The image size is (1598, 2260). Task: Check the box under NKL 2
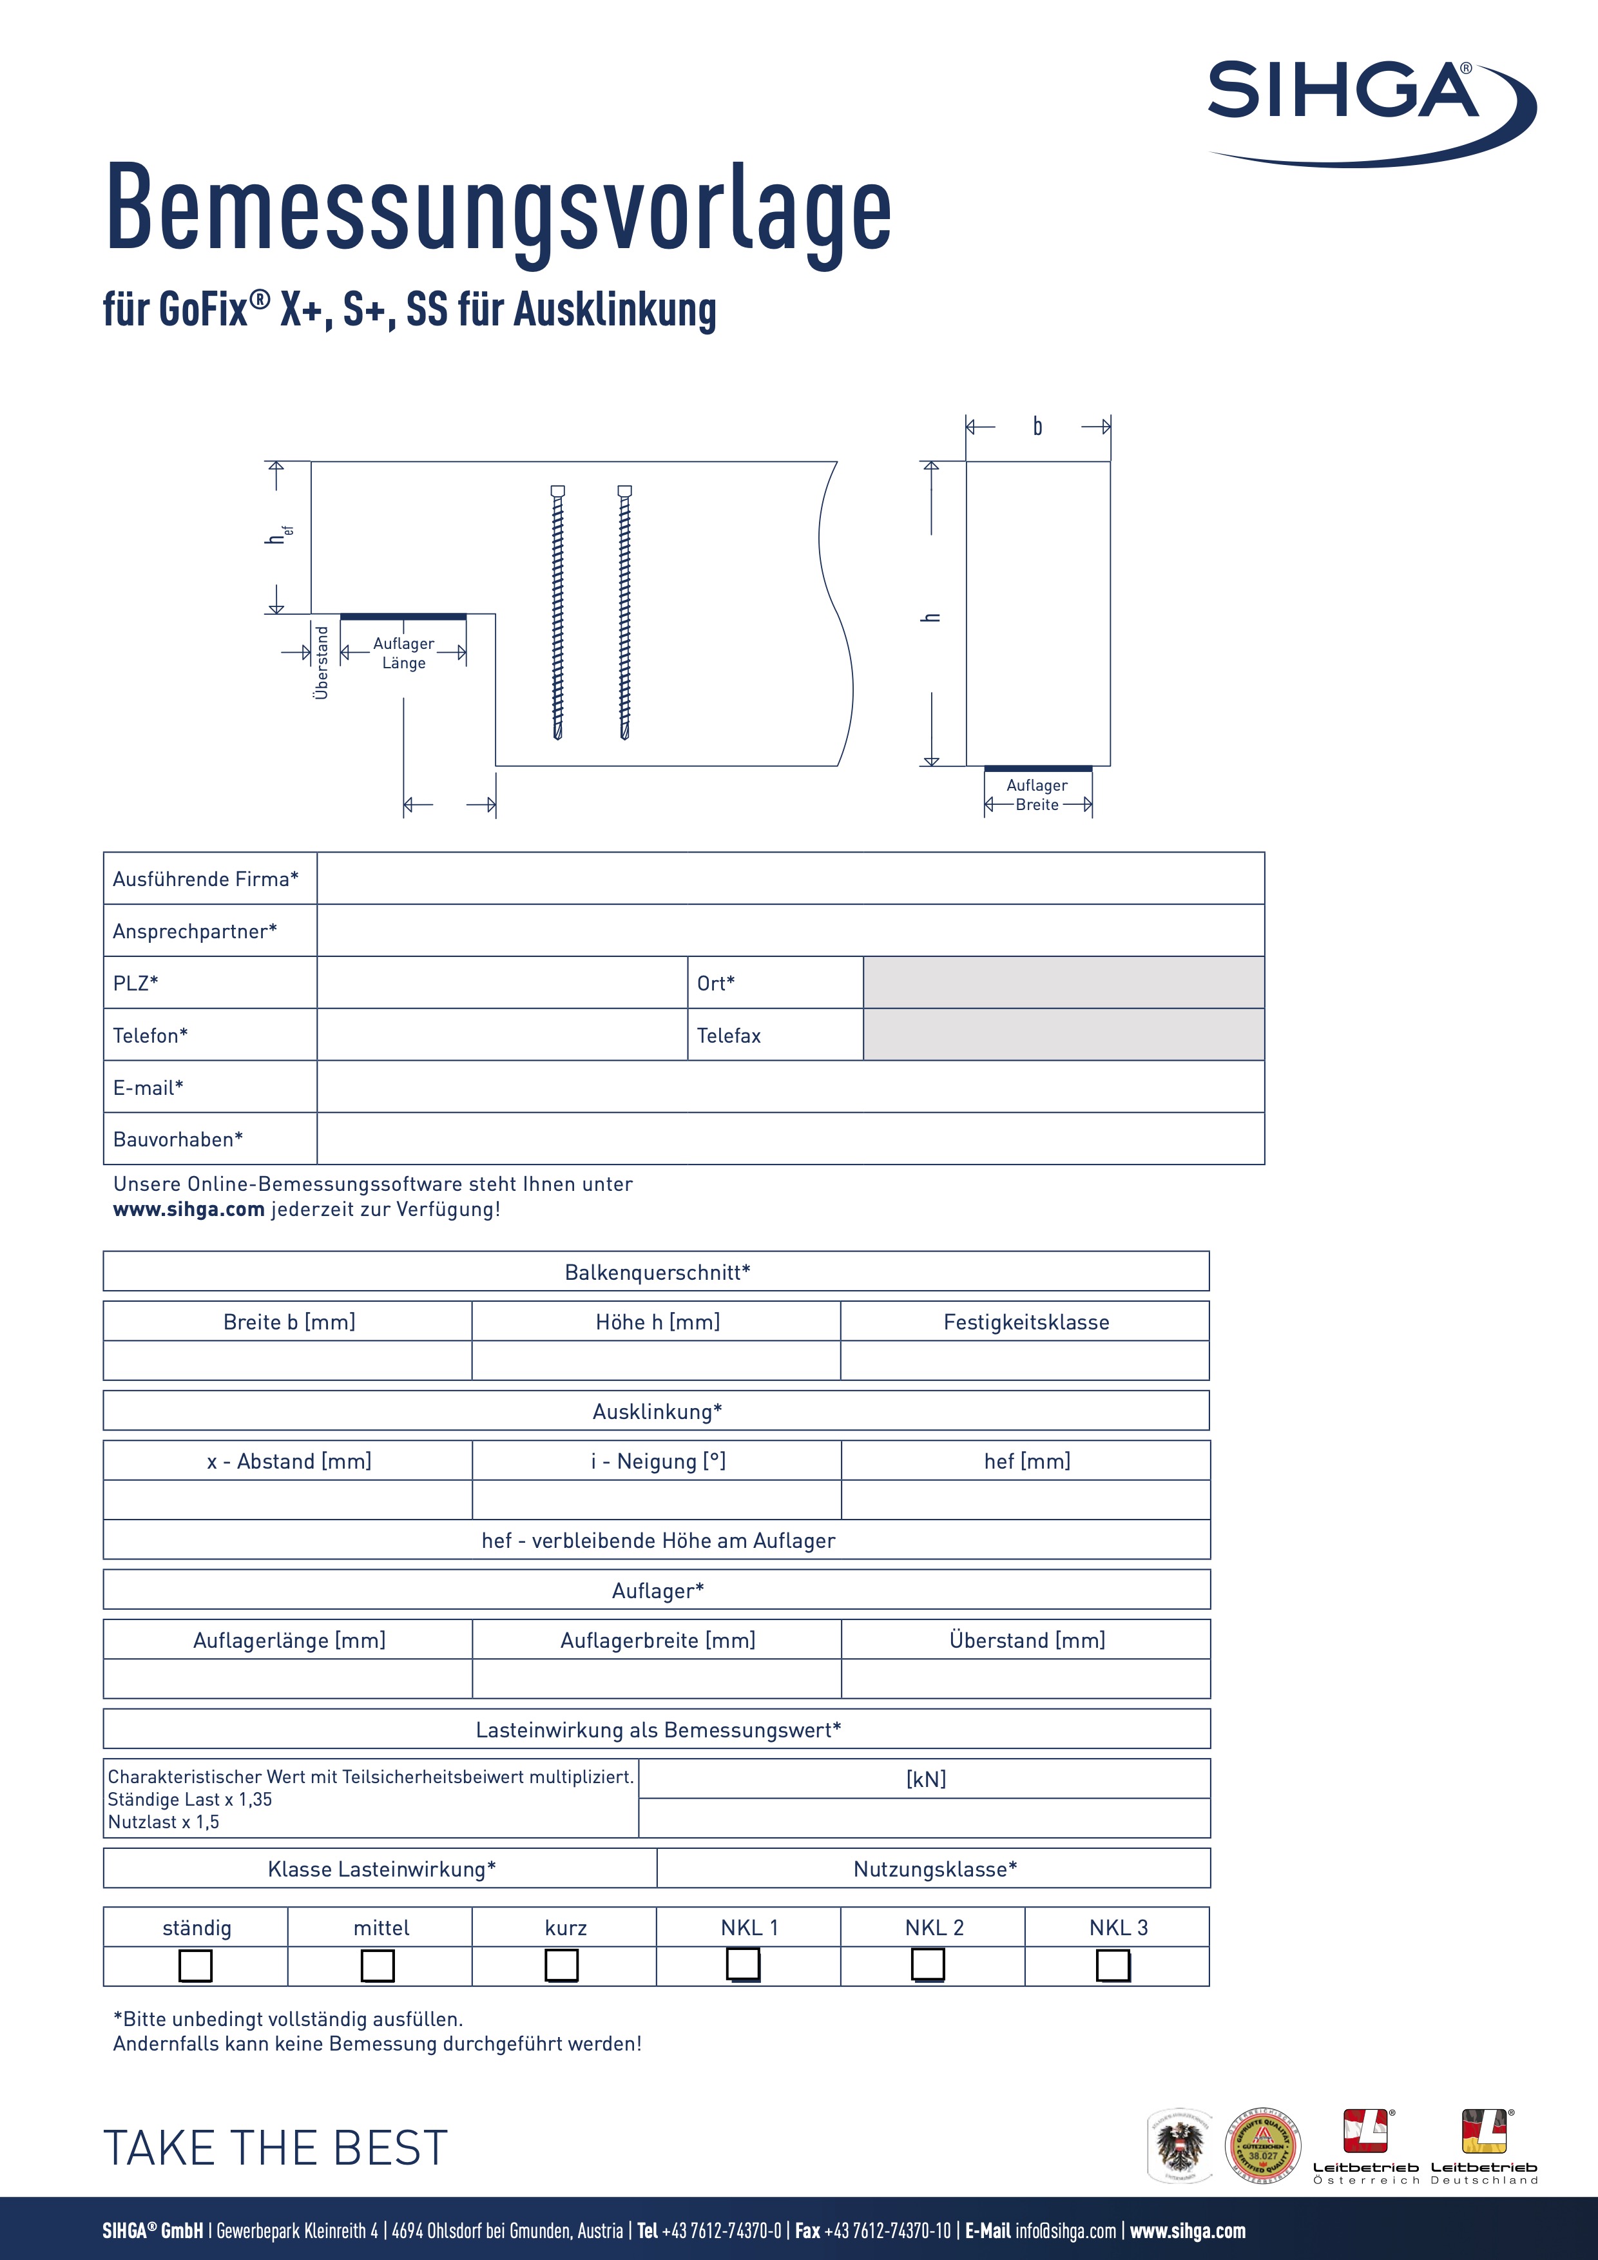click(x=927, y=1965)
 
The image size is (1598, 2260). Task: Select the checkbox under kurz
click(x=562, y=1965)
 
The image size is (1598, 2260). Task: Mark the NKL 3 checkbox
click(x=1113, y=1965)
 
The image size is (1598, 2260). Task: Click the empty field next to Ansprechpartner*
click(x=789, y=930)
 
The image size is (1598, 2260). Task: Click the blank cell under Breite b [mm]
click(x=287, y=1360)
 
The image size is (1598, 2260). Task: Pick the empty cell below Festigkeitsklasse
click(x=1025, y=1360)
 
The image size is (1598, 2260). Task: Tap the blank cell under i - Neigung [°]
click(x=657, y=1499)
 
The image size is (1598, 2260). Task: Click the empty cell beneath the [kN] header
click(x=924, y=1818)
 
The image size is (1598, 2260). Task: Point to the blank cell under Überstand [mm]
click(x=1025, y=1678)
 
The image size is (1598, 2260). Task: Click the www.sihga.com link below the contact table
click(x=189, y=1209)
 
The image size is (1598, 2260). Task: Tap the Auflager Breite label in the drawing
click(x=1037, y=795)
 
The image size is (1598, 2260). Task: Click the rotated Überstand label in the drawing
click(x=321, y=662)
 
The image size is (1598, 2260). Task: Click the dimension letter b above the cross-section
click(x=1037, y=426)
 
